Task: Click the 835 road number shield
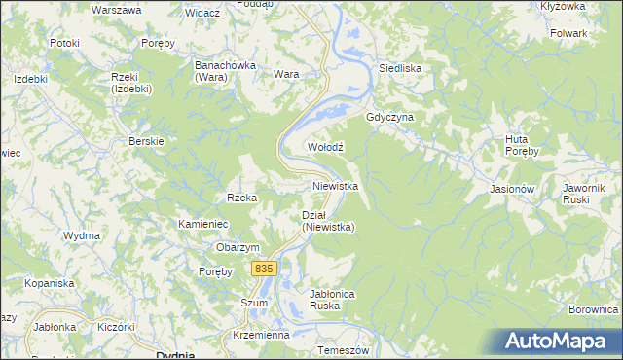[x=263, y=268]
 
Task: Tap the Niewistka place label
[x=336, y=185]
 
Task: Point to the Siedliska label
[x=399, y=69]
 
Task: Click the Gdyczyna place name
[x=390, y=117]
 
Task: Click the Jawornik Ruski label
[x=584, y=193]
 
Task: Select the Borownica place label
[x=593, y=309]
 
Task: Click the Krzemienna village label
[x=262, y=334]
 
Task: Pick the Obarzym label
[x=238, y=247]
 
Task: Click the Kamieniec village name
[x=202, y=224]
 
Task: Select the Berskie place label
[x=146, y=141]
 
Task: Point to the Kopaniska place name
[x=51, y=283]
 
